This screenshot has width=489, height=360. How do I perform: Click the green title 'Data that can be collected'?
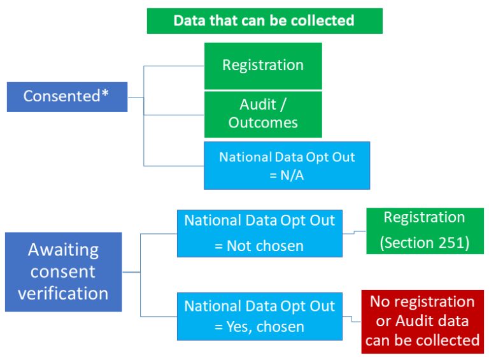(x=264, y=20)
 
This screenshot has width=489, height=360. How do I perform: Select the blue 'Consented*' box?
(x=67, y=96)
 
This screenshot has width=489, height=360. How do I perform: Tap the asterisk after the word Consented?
(x=106, y=95)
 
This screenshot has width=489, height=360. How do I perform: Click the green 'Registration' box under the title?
(x=263, y=66)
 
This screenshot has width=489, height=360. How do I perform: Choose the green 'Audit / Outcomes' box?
(x=263, y=114)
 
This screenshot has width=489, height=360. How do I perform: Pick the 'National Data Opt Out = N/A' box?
(x=287, y=166)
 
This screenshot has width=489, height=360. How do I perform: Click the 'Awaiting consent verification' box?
(x=63, y=272)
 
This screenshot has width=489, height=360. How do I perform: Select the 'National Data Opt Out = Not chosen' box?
(x=259, y=233)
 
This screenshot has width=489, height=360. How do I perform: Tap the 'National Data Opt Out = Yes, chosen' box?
(x=259, y=317)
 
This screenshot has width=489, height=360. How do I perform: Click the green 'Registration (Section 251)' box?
(x=425, y=231)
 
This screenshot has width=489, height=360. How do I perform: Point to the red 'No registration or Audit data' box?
(x=422, y=320)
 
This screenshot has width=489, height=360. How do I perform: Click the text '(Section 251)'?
(x=425, y=243)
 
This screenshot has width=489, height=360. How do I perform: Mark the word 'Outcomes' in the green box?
(x=263, y=122)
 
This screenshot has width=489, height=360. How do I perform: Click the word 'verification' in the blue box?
(x=63, y=294)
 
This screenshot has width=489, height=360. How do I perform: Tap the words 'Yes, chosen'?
(x=267, y=328)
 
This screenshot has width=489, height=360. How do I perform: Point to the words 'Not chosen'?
(x=267, y=245)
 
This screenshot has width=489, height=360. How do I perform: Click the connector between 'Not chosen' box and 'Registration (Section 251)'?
(x=354, y=233)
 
